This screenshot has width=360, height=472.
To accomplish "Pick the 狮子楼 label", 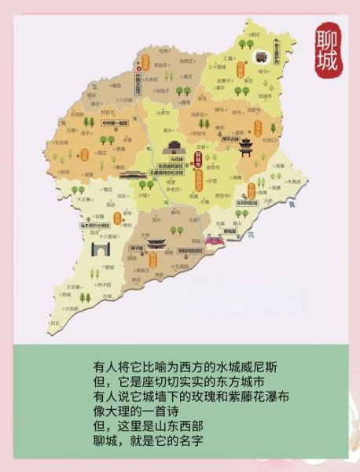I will click(x=135, y=248).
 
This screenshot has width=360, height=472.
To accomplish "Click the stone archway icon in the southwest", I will click(x=100, y=250).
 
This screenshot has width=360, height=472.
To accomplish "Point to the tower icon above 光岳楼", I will click(x=172, y=146).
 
